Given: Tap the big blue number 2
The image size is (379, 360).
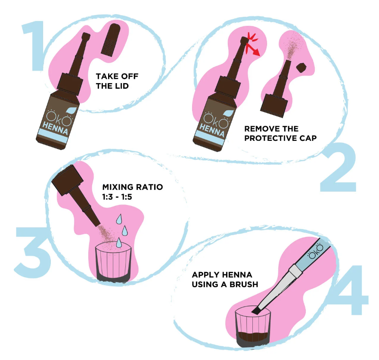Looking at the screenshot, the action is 339,167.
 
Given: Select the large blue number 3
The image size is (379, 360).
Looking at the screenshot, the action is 33,252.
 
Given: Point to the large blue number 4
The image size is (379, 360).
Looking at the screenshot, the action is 351,290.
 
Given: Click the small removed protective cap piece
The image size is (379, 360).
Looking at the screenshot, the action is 302,68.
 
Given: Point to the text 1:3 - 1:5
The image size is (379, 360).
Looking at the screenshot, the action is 117,197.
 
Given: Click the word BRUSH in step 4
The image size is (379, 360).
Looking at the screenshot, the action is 244,284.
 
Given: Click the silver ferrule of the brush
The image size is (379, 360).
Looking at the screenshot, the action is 296,270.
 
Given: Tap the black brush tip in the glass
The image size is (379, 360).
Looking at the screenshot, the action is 256,310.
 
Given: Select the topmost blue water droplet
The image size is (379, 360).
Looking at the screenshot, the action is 119,219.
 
